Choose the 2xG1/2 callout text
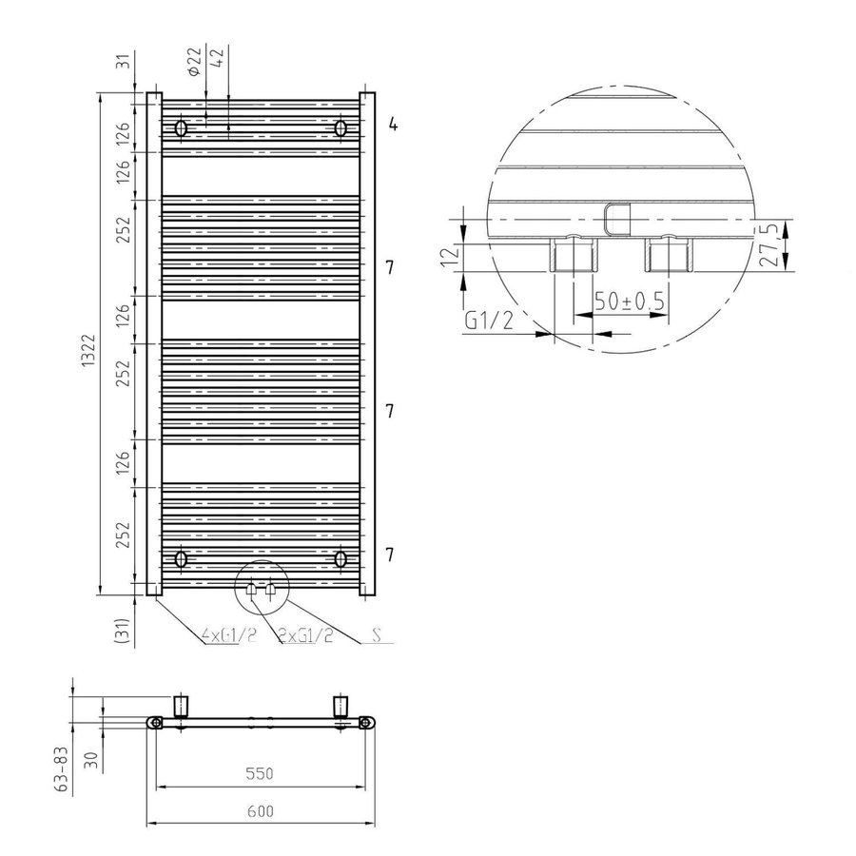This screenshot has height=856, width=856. point(305,635)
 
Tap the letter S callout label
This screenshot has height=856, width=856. point(379,634)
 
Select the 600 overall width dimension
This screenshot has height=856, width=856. point(260,810)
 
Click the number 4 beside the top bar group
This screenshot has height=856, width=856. point(391,125)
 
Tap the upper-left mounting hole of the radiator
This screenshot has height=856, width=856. point(182,127)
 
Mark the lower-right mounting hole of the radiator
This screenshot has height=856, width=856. point(340,558)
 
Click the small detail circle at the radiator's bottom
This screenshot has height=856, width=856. point(260,589)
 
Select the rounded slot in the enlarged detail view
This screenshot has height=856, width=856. point(616,218)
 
